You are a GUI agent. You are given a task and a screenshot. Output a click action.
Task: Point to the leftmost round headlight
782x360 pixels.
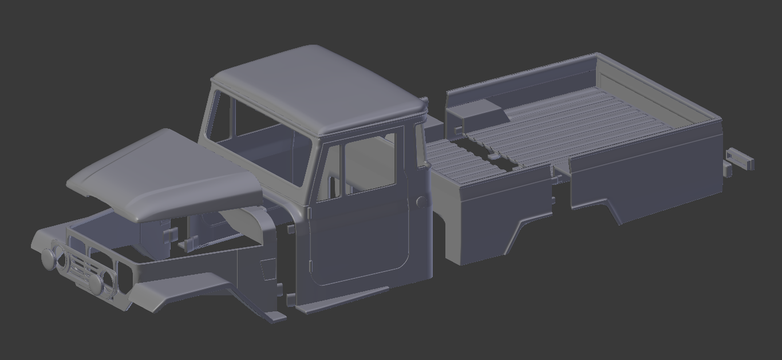tap(49, 259)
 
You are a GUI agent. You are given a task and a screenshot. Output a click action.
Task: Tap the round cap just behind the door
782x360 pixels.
tap(421, 201)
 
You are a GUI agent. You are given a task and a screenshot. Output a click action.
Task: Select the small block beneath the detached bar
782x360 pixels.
tap(726, 169)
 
